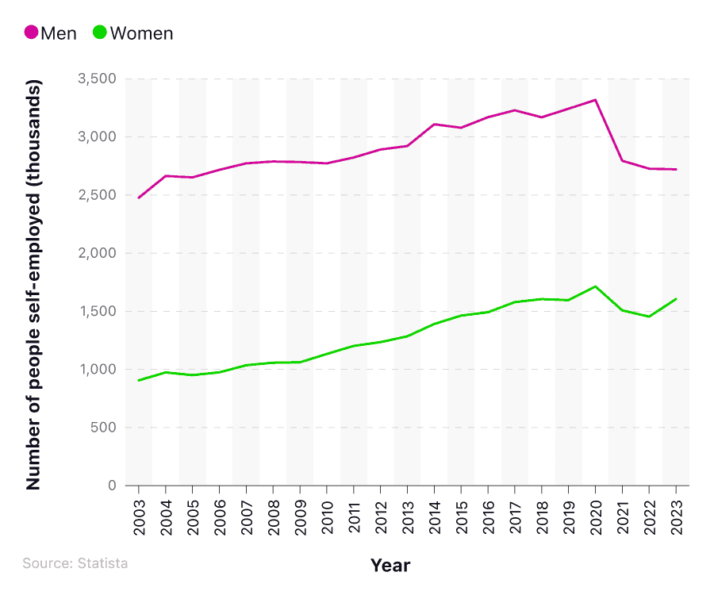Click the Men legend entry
coord(51,33)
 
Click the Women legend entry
coord(132,33)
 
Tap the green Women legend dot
coord(100,33)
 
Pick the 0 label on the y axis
coord(112,486)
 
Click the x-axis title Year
coord(390,565)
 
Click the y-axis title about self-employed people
coord(33,283)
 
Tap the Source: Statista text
coord(75,563)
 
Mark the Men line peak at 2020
coord(595,100)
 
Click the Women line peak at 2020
coord(595,286)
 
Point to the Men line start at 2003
coord(139,198)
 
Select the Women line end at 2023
coord(676,299)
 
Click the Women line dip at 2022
coord(649,317)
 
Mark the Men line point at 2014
coord(435,124)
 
